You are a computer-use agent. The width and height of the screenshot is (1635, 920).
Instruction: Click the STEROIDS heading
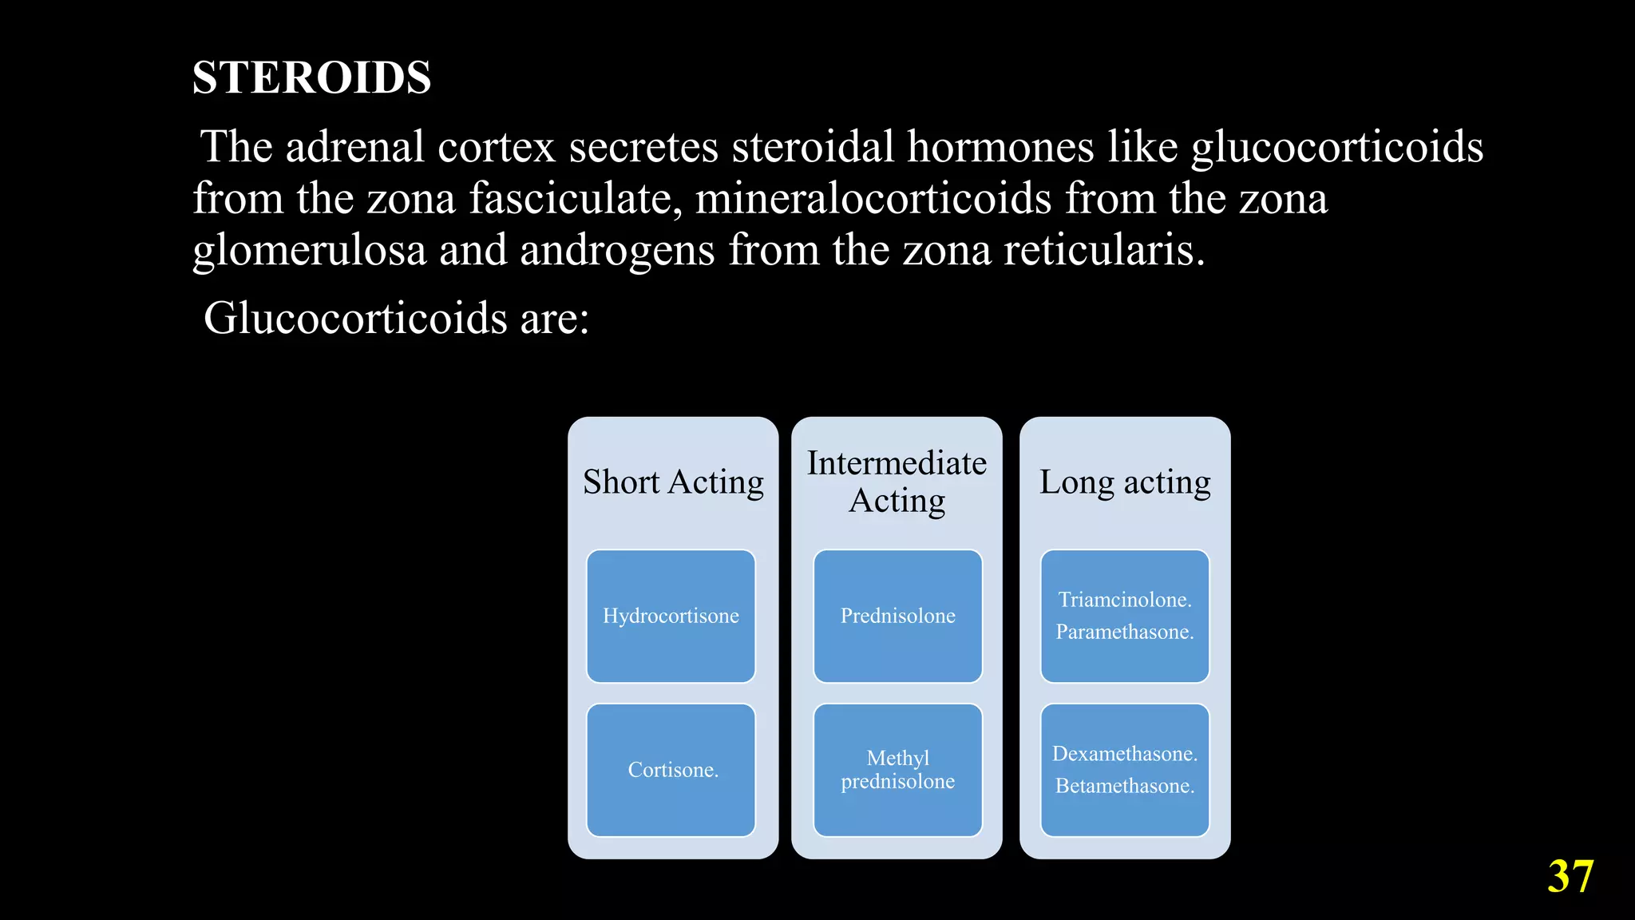tap(311, 77)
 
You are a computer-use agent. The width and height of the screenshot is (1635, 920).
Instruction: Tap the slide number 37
tap(1570, 876)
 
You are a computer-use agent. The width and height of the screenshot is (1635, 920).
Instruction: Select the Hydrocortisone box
tap(671, 616)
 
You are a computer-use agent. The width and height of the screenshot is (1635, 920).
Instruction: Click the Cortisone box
tap(671, 770)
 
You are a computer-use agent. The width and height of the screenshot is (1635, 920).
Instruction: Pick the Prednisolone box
tap(897, 616)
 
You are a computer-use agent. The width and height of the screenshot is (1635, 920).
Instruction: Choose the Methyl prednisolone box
tap(897, 770)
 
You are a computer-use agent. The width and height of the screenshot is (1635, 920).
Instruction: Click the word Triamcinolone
tap(1124, 600)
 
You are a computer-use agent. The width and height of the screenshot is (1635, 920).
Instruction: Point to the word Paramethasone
tap(1124, 632)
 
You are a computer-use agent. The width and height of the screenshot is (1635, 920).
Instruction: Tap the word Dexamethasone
tap(1124, 754)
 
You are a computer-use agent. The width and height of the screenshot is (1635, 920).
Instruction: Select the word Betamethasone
tap(1124, 786)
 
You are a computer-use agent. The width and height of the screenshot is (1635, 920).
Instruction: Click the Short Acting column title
tap(673, 482)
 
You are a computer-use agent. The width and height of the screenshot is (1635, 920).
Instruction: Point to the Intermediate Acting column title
tap(897, 482)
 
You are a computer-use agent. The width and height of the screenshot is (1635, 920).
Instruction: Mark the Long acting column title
tap(1125, 482)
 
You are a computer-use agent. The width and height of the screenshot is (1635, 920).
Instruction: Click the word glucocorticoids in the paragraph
tap(1337, 148)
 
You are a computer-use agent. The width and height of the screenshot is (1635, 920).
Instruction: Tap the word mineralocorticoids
tap(873, 199)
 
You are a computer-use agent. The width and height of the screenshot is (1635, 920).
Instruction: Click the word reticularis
tap(1103, 251)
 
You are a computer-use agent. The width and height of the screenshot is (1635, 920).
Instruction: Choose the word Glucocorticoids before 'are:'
tap(355, 319)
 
